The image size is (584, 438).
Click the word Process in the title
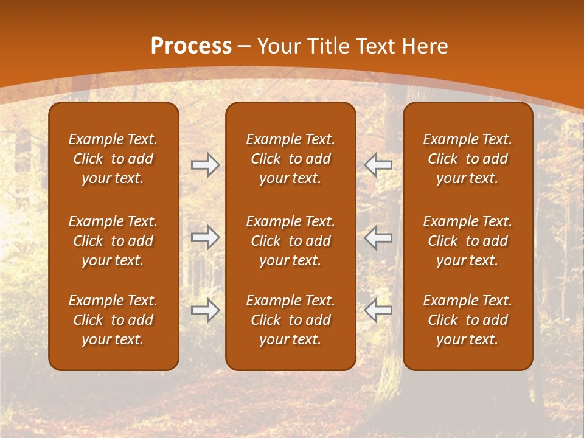coord(191,46)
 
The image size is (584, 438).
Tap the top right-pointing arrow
coord(206,165)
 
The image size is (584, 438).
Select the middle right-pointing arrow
coord(206,237)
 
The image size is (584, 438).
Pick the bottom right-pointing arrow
coord(206,310)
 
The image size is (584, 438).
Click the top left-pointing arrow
coord(378,165)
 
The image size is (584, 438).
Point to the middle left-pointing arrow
coord(378,237)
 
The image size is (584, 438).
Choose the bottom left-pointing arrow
coord(378,310)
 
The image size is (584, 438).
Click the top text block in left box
coord(113,159)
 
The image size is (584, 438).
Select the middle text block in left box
coord(113,241)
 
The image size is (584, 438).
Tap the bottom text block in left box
coord(113,320)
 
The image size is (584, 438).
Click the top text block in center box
coord(290,159)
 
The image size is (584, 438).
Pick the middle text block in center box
coord(290,241)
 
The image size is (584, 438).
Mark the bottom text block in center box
coord(290,320)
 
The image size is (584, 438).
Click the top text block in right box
coord(467,159)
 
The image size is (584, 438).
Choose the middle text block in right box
coord(467,241)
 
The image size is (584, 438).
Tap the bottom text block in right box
coord(467,320)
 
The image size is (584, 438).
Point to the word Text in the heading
coord(372,46)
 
